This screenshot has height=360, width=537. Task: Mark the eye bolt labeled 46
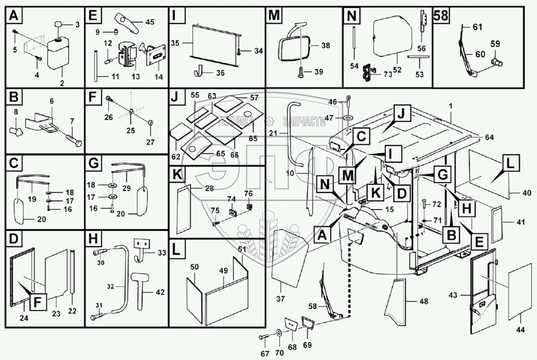(349, 101)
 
